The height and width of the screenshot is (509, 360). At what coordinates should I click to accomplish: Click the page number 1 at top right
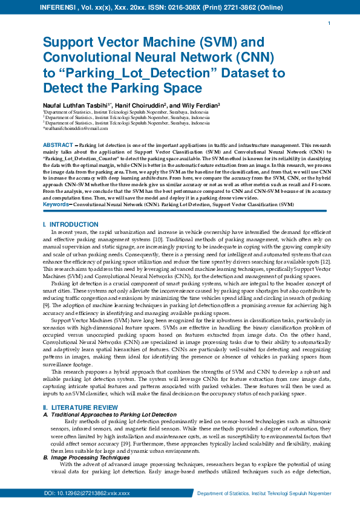click(x=329, y=23)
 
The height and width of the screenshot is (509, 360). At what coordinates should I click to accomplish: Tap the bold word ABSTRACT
click(x=59, y=146)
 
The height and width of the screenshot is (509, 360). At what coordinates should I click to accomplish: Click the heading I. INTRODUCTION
click(x=67, y=225)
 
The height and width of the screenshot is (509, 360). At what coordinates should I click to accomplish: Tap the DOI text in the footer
click(x=87, y=494)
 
